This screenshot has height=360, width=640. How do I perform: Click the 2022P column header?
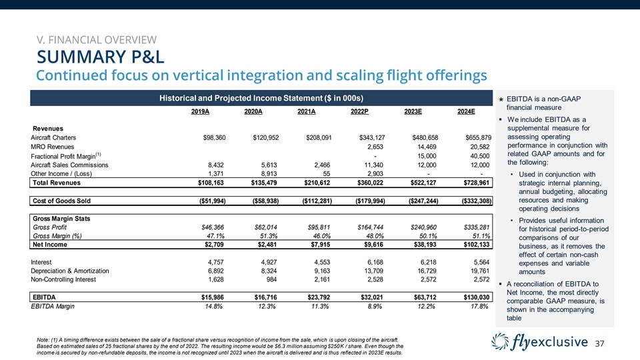pyautogui.click(x=361, y=111)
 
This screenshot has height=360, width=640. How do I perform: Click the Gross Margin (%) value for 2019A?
pyautogui.click(x=215, y=236)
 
